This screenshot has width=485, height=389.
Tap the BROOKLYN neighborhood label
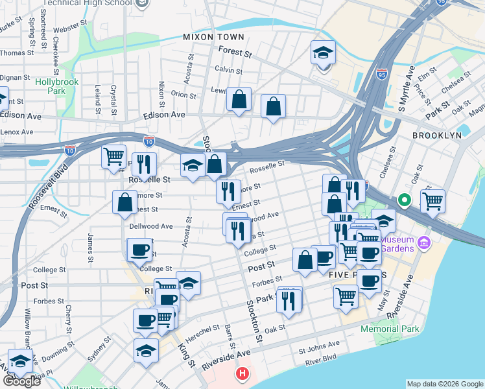(x=436, y=136)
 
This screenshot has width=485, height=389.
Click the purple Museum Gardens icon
(x=424, y=243)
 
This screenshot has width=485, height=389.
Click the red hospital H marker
(x=242, y=373)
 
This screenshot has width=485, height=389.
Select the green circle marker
(x=405, y=200)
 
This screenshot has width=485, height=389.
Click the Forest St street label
(x=235, y=52)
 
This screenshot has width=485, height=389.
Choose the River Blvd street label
(x=321, y=357)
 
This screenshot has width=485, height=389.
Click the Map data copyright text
(x=444, y=384)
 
